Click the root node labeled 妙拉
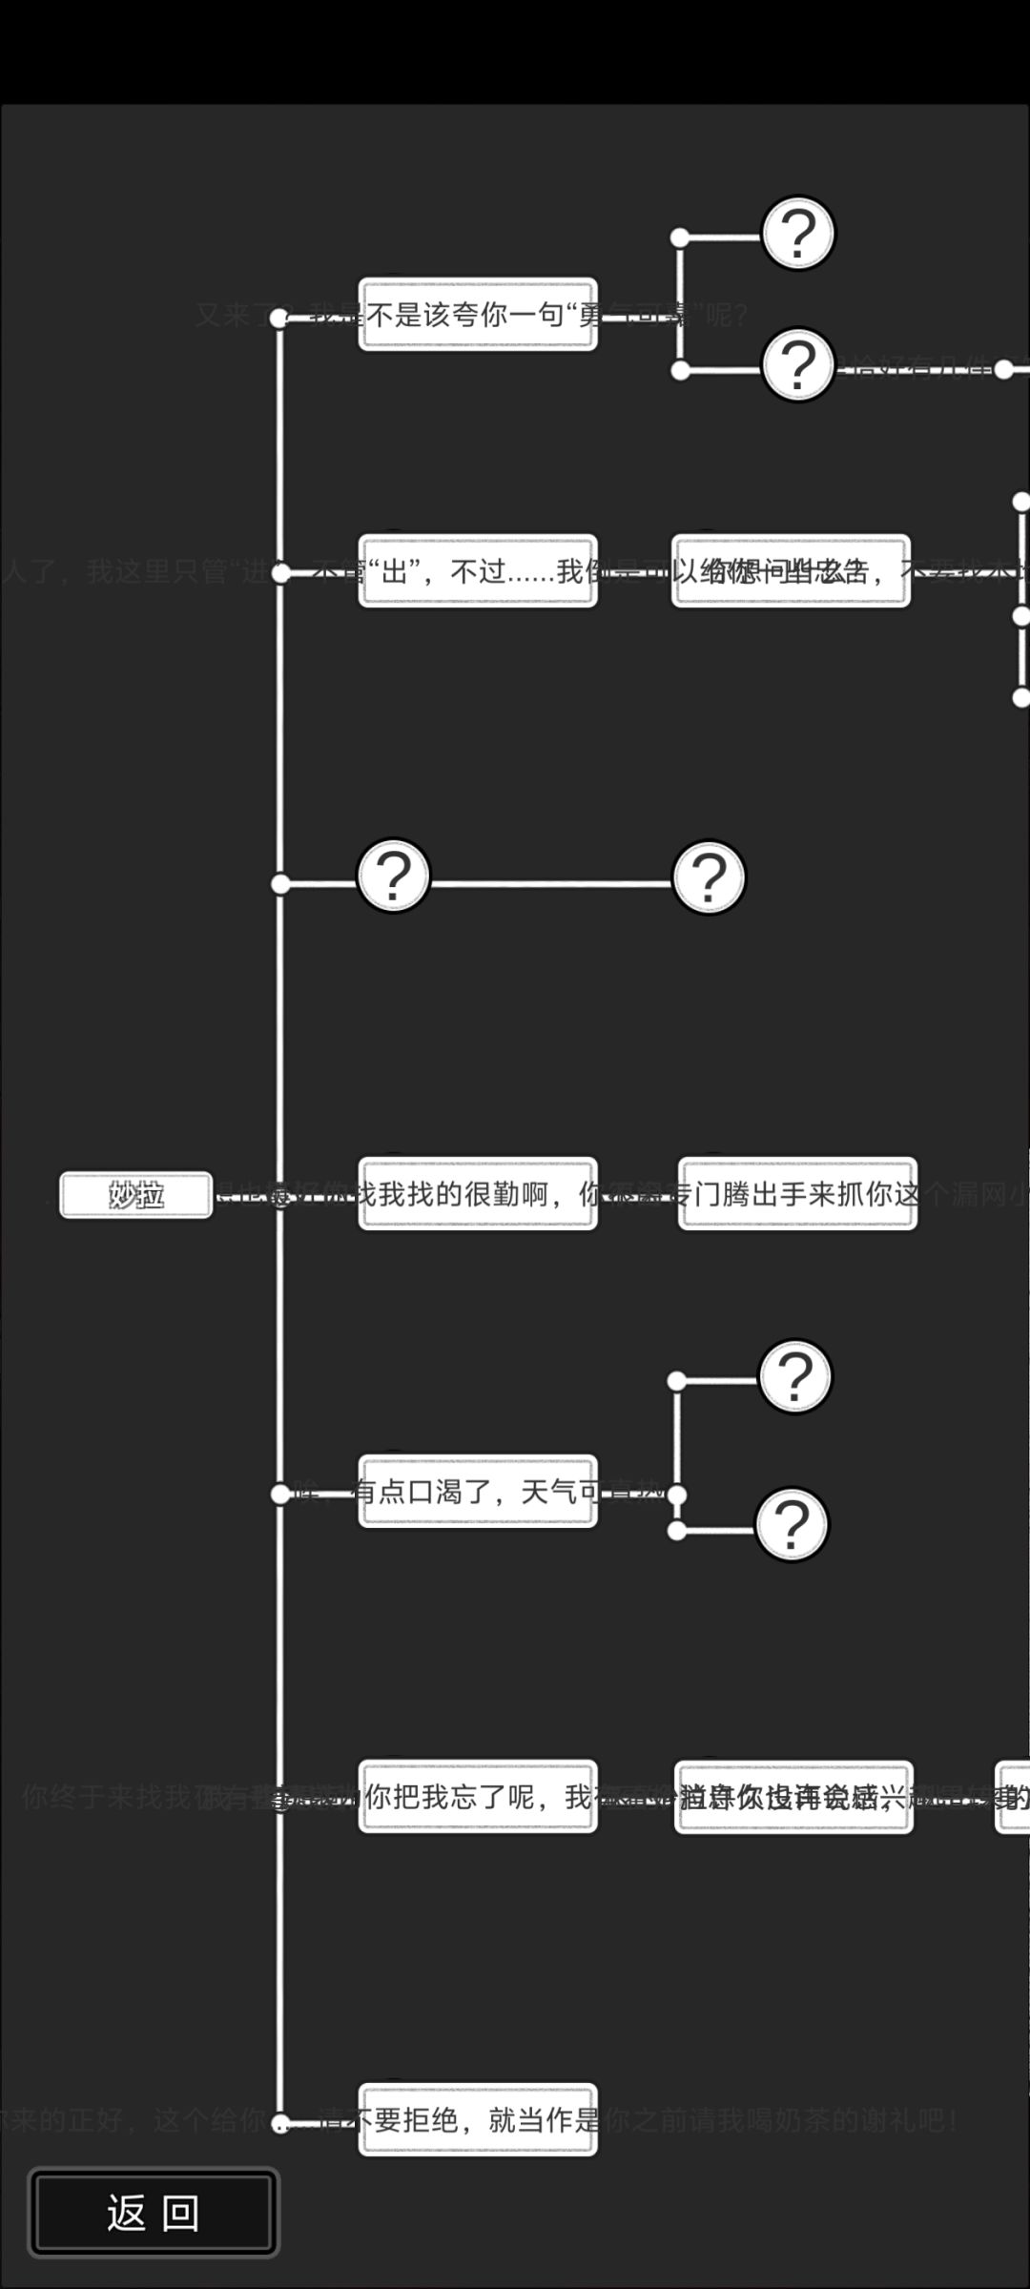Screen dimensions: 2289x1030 136,1194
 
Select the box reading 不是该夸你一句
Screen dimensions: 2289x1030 478,315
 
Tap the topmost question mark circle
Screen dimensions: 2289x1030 798,233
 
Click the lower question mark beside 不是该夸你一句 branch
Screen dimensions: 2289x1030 798,364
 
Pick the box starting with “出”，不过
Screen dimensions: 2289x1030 478,570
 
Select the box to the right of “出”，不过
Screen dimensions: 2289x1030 791,570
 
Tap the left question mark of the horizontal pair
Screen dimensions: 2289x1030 393,876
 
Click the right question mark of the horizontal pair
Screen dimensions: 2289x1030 709,876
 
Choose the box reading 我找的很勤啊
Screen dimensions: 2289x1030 478,1194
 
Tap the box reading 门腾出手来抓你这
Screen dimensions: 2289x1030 797,1194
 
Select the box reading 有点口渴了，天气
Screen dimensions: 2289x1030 478,1491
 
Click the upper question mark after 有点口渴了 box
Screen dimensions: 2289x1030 795,1376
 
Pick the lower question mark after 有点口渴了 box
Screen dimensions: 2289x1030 792,1524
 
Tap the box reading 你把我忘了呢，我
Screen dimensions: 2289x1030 478,1796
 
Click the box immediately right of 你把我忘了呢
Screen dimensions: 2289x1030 793,1797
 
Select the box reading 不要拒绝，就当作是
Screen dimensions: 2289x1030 478,2119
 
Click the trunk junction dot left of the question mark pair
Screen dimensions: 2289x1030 280,884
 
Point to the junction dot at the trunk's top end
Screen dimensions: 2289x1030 279,318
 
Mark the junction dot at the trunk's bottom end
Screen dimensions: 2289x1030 280,2123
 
